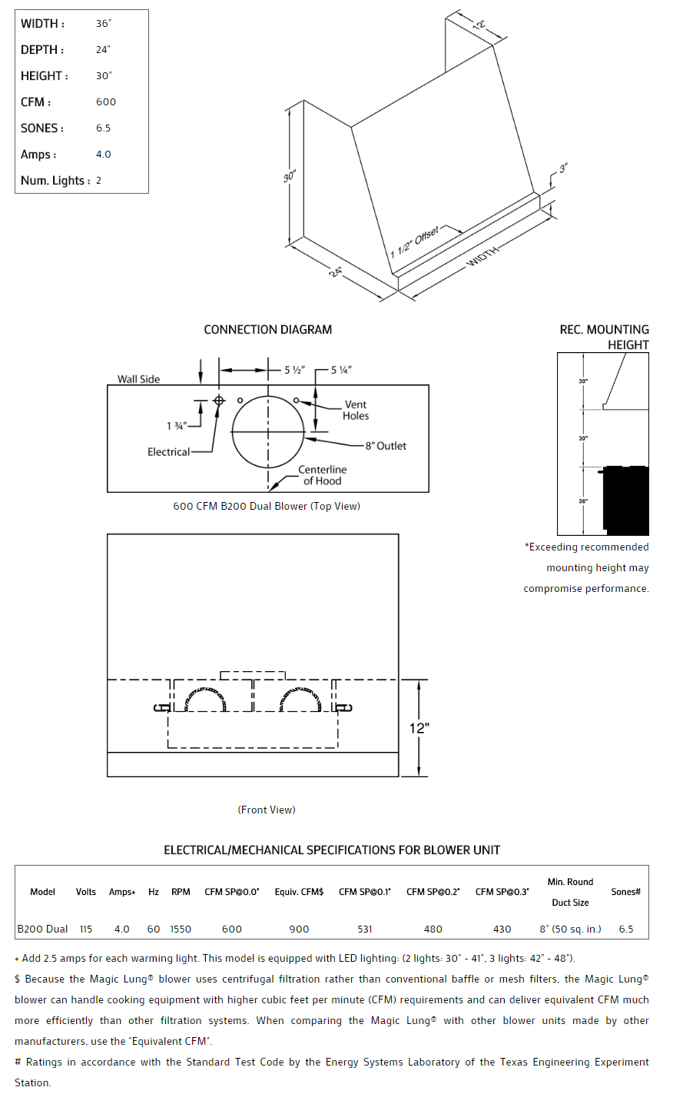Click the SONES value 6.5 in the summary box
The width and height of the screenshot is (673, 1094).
[103, 128]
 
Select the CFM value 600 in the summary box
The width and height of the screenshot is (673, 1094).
[106, 102]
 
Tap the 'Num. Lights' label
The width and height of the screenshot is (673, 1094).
[55, 181]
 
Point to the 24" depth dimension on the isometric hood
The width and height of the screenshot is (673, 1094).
[336, 271]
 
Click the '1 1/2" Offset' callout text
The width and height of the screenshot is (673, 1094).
[415, 243]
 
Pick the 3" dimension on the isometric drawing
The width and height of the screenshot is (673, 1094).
[563, 168]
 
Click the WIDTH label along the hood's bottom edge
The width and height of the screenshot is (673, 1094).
[482, 258]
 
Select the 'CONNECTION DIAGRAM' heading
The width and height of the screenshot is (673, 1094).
[267, 330]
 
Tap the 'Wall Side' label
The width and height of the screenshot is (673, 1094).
[139, 379]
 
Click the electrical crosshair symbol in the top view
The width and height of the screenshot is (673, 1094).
[219, 401]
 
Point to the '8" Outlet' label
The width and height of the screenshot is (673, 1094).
[386, 446]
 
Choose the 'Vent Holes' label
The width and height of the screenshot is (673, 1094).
[356, 410]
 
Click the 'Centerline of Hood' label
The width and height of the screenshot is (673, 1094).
[322, 475]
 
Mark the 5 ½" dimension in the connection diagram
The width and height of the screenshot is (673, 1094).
[294, 370]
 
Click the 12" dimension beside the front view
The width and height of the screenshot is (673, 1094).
[419, 727]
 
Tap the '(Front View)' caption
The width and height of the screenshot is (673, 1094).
[267, 810]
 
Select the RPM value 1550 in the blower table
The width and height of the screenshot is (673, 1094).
[181, 929]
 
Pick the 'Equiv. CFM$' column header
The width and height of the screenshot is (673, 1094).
[299, 892]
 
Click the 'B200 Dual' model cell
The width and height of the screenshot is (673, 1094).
[43, 929]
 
